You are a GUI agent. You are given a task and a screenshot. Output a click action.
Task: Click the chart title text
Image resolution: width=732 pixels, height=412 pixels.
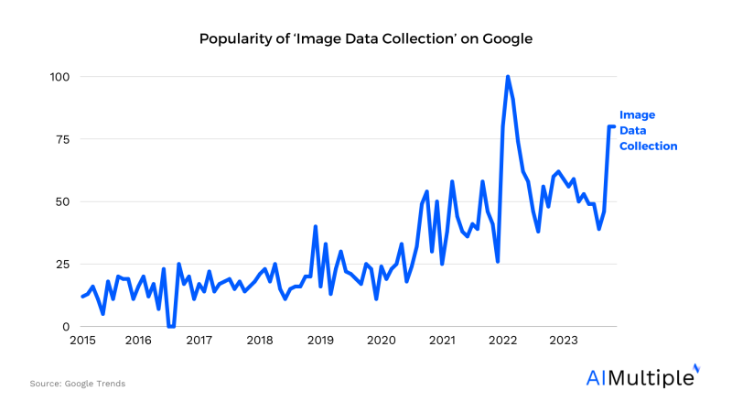click(x=366, y=39)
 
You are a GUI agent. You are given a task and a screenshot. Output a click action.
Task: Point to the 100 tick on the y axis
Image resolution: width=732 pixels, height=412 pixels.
click(x=59, y=77)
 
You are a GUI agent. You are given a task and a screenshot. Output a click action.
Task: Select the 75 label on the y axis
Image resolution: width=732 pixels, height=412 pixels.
click(x=62, y=139)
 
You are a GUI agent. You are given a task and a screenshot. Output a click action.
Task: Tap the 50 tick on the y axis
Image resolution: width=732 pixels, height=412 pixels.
click(x=62, y=201)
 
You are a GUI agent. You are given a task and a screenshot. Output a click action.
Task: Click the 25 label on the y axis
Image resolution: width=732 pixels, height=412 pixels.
click(x=62, y=265)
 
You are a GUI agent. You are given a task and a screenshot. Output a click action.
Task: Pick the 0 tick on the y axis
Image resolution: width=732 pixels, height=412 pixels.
click(x=66, y=327)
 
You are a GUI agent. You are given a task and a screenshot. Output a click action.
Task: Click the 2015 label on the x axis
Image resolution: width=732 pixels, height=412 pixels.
click(x=82, y=341)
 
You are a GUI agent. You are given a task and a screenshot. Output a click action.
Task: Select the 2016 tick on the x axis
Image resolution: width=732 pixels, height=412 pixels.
click(x=138, y=341)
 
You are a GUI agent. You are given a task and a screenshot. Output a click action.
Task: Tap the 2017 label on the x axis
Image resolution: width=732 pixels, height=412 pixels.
click(x=199, y=341)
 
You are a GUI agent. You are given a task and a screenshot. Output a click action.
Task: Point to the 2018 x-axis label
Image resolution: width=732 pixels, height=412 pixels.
click(x=260, y=341)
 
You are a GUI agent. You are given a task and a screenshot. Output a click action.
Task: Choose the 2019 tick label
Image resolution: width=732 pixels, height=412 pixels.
click(x=320, y=341)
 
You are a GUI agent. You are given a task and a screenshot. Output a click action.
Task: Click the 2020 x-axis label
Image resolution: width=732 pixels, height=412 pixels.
click(x=381, y=341)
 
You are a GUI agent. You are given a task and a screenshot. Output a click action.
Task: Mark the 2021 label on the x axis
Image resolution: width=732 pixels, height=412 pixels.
click(x=442, y=341)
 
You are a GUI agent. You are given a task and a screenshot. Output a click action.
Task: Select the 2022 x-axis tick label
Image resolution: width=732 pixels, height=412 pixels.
click(x=502, y=341)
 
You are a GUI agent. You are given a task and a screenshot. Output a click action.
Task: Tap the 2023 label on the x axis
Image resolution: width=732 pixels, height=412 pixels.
click(x=563, y=341)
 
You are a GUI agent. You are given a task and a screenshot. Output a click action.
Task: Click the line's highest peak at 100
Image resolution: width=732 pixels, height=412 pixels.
click(x=508, y=77)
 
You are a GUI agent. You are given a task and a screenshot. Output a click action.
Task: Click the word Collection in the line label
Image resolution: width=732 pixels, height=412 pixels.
click(x=649, y=146)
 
